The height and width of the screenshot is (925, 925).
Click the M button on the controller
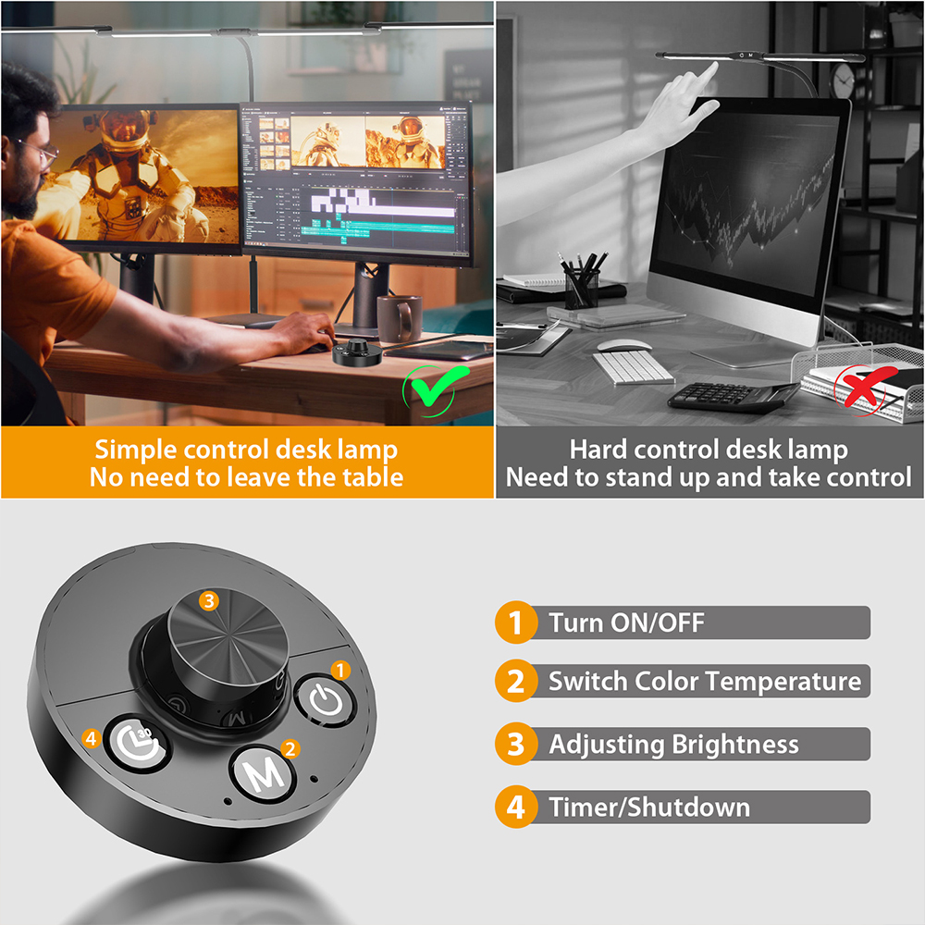[263, 774]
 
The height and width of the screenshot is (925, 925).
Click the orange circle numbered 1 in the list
[515, 623]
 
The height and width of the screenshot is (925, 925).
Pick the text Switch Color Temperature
[704, 682]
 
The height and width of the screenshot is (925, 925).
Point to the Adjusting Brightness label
[673, 745]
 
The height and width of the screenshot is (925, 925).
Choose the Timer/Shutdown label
[648, 807]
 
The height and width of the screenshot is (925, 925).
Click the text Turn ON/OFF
[626, 623]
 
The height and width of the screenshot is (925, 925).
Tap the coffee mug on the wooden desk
[399, 319]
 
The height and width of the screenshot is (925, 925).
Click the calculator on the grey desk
[730, 395]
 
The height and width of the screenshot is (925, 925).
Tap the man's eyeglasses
[37, 151]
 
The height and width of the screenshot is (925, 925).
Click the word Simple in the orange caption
[137, 450]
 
